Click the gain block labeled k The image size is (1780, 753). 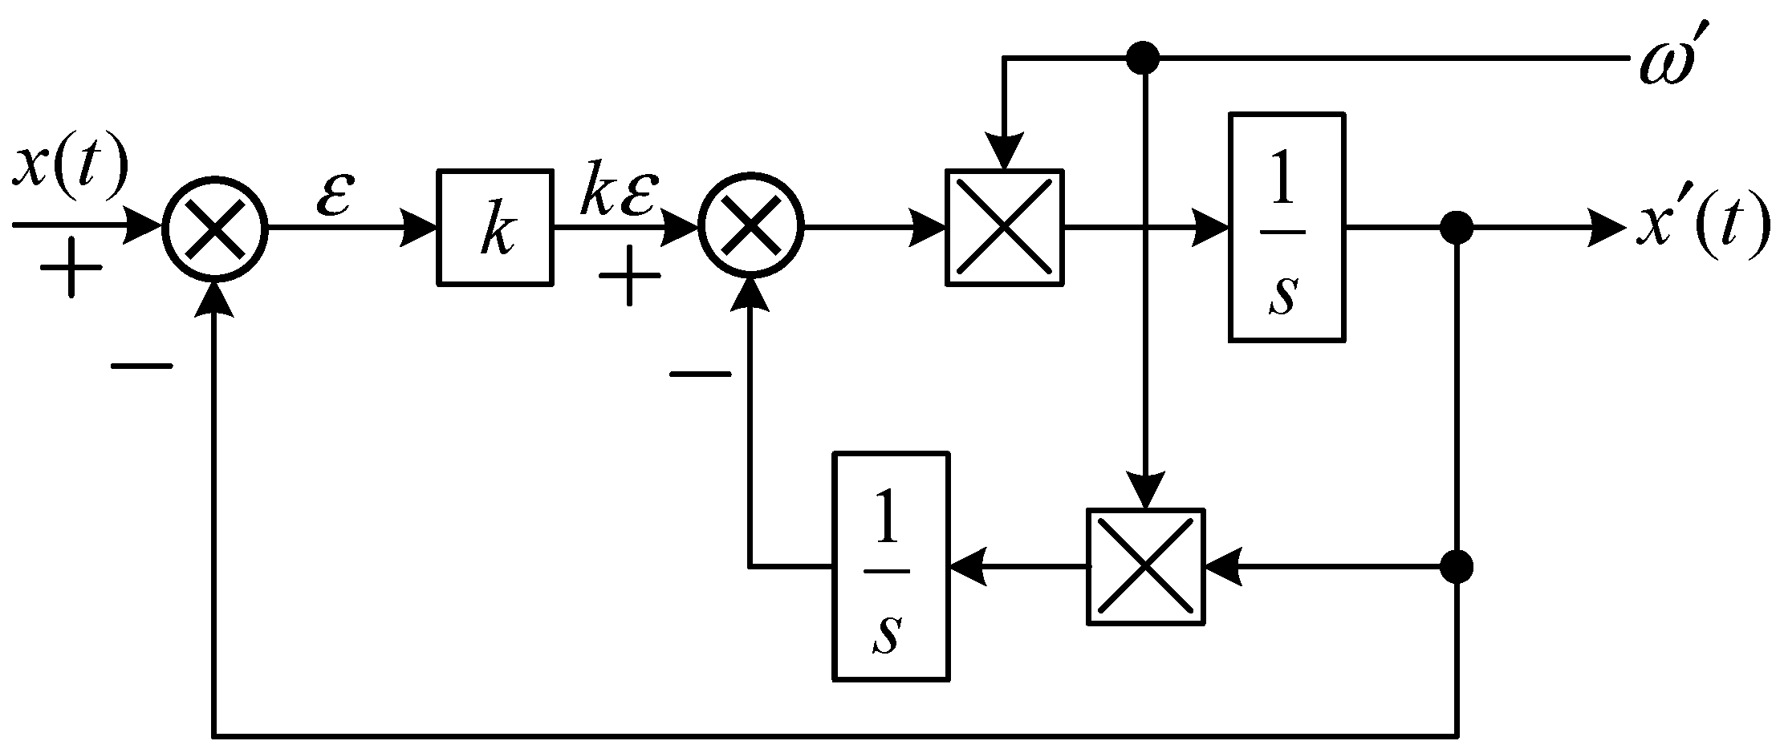point(495,227)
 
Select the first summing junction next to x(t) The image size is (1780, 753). point(214,228)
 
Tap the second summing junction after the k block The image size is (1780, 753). point(750,228)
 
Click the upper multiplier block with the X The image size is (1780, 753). point(1005,227)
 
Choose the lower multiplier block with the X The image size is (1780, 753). point(1146,566)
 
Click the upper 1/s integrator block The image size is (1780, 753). point(1286,227)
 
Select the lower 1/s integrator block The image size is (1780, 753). point(891,566)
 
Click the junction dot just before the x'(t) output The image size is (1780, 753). point(1456,228)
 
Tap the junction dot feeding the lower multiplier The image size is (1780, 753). point(1456,568)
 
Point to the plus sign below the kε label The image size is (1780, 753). point(630,276)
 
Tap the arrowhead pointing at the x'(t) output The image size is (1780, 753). point(1605,228)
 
